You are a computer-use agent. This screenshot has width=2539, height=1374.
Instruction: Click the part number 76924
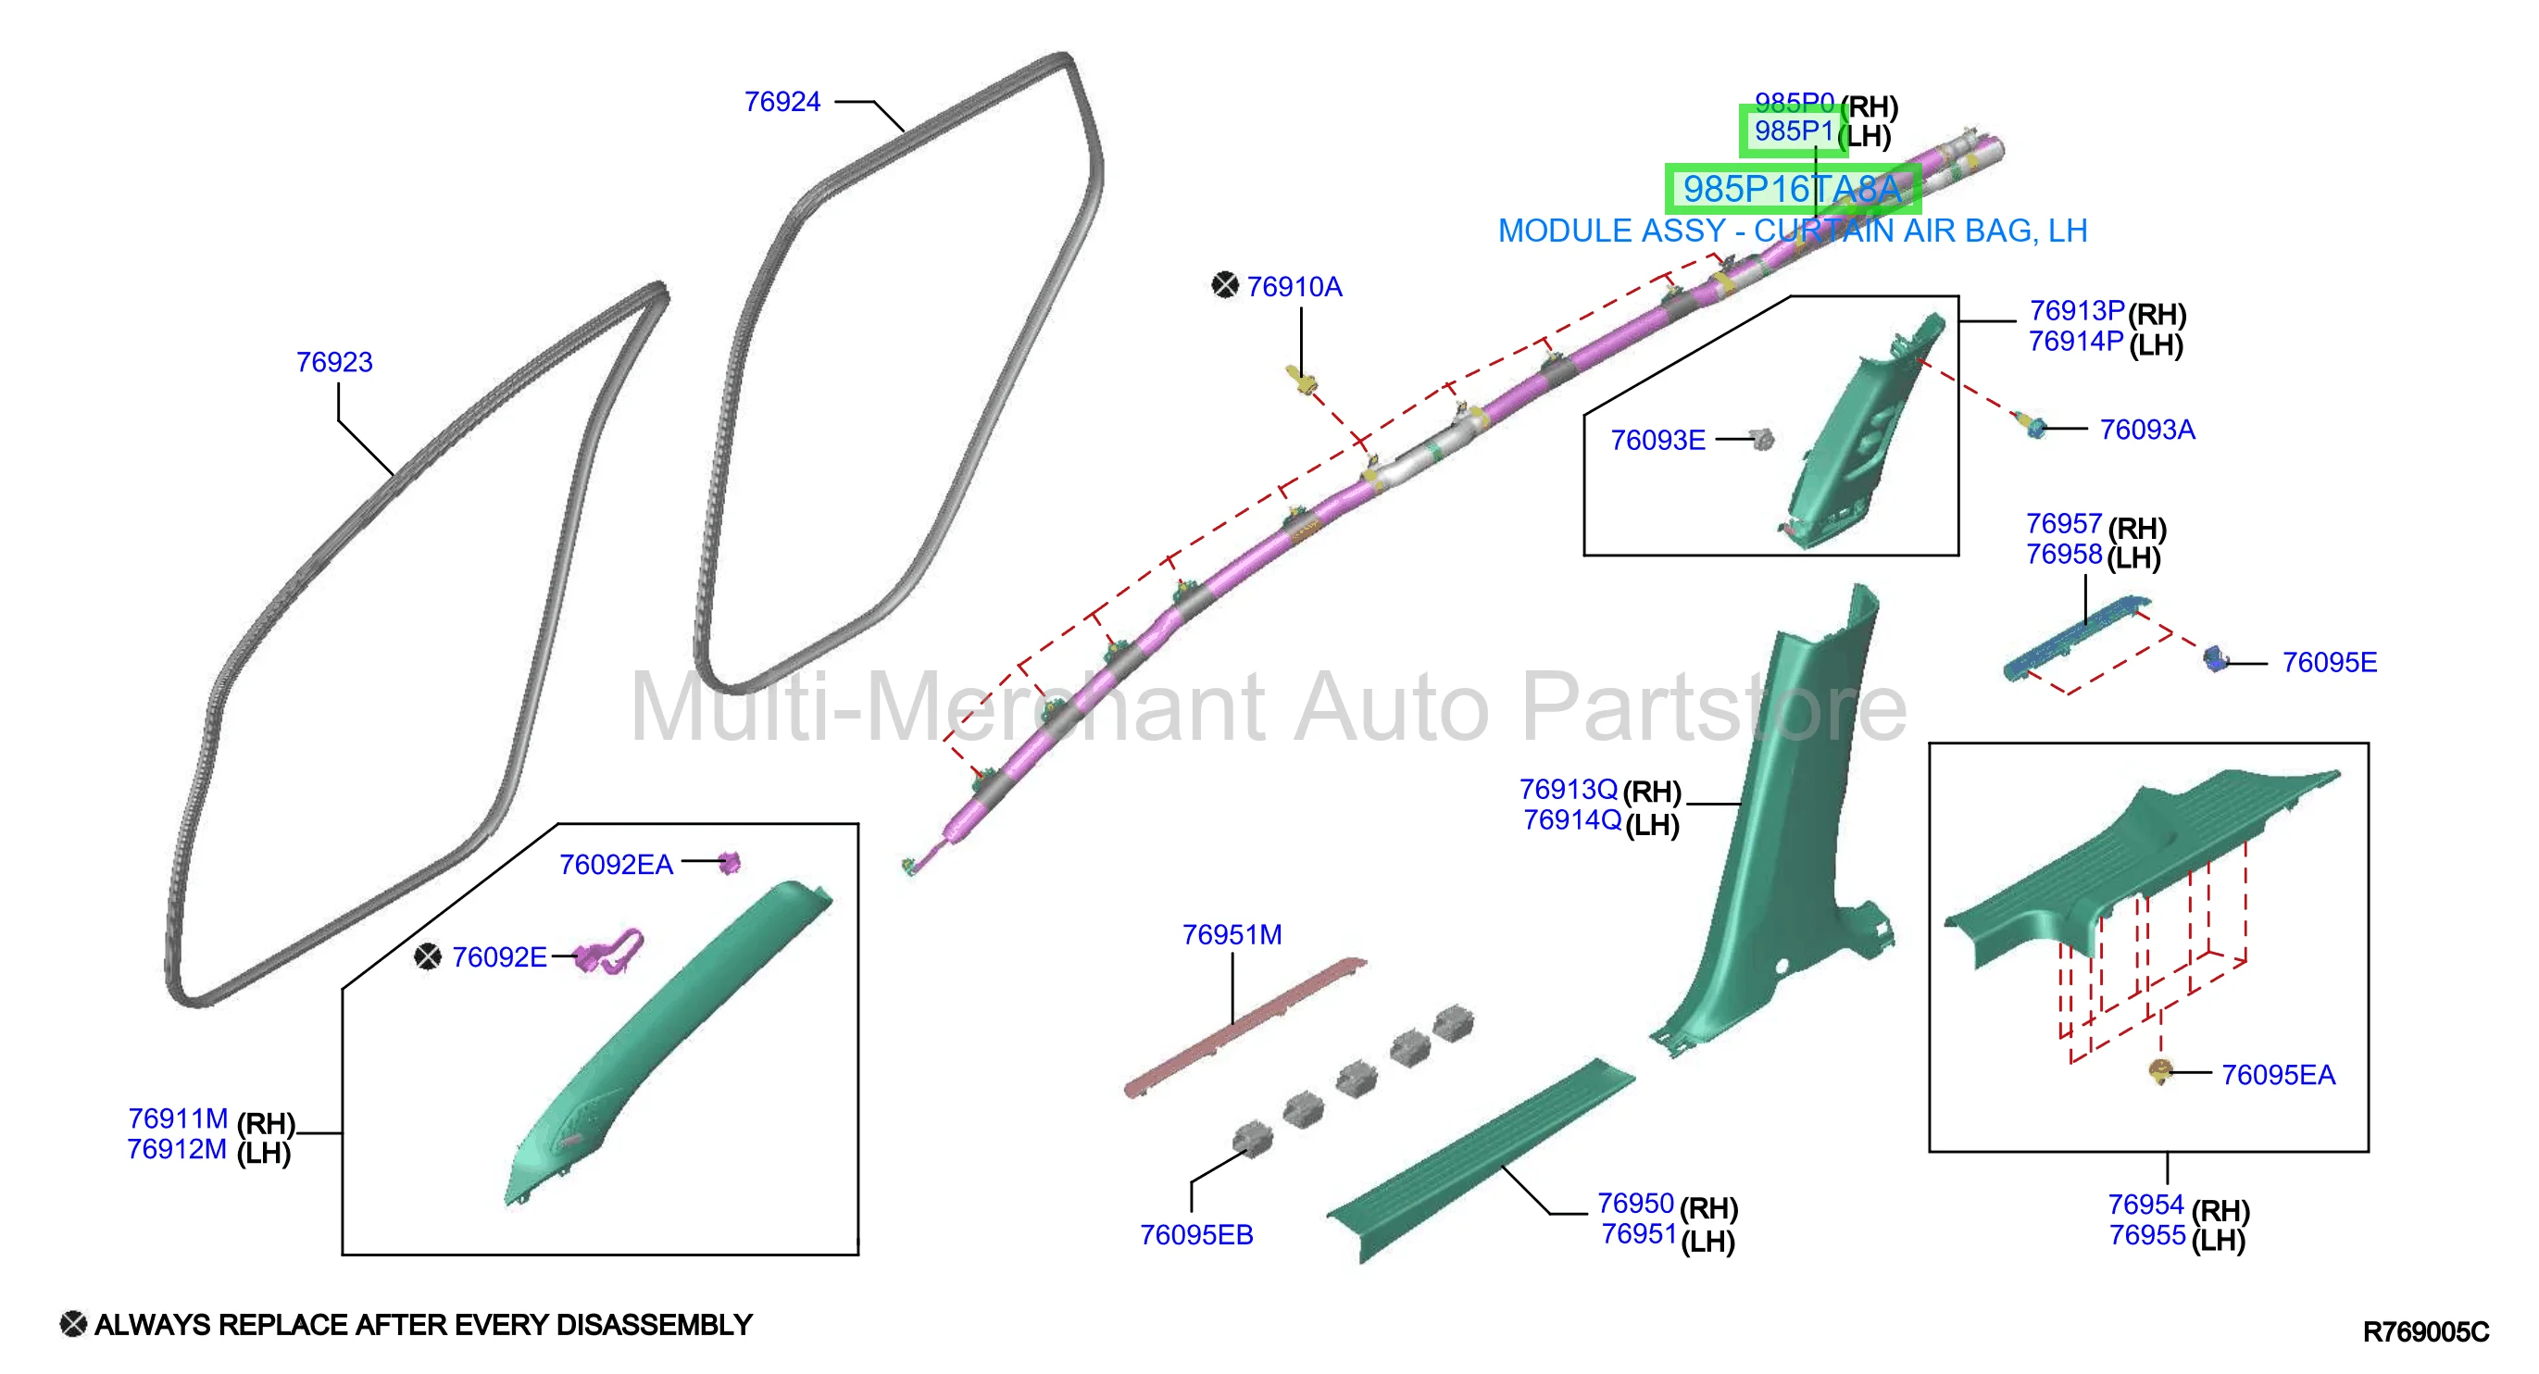pos(782,102)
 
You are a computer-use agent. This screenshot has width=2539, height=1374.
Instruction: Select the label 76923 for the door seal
pos(334,362)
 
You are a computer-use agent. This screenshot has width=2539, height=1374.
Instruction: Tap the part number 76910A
pos(1295,287)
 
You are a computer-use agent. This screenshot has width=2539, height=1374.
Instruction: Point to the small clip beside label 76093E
pos(1762,439)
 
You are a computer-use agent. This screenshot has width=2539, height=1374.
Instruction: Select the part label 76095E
pos(2329,662)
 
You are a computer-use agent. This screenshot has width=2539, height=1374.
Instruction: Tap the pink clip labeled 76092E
pos(610,951)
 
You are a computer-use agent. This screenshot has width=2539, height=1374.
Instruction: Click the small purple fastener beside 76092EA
pos(730,864)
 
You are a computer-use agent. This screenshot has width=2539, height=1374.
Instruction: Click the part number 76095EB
pos(1196,1235)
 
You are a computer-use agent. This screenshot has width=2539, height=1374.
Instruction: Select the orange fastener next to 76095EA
pos(2159,1071)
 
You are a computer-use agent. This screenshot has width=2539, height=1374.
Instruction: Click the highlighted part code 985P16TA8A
pos(1792,189)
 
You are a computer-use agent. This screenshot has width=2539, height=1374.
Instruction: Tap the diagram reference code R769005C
pos(2426,1331)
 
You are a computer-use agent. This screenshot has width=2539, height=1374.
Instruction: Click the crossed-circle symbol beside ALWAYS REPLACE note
pos(73,1324)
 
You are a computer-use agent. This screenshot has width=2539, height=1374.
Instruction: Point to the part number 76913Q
pos(1569,790)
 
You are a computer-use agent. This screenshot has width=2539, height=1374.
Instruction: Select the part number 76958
pos(2064,554)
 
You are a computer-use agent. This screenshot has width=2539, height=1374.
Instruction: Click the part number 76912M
pos(178,1149)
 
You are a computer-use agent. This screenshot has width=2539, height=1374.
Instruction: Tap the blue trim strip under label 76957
pos(2077,637)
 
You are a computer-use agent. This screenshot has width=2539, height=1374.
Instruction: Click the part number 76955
pos(2146,1235)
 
